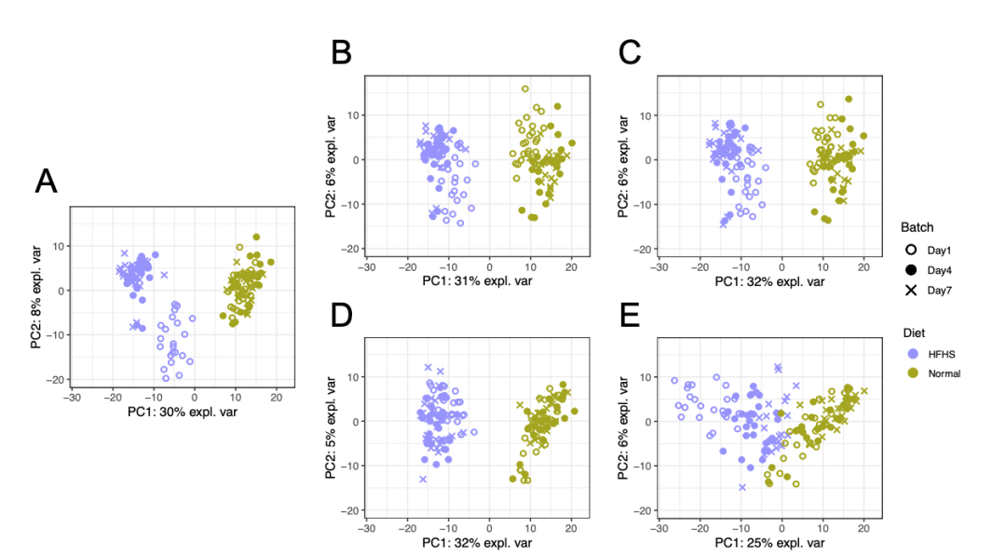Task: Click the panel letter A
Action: (x=47, y=182)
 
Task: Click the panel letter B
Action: (x=341, y=54)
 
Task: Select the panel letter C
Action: (x=630, y=54)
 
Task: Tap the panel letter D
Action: (x=341, y=317)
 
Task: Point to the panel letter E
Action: (x=630, y=317)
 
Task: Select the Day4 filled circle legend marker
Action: (x=911, y=270)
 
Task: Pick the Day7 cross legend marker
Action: (x=911, y=291)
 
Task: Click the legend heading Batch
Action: (x=917, y=227)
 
